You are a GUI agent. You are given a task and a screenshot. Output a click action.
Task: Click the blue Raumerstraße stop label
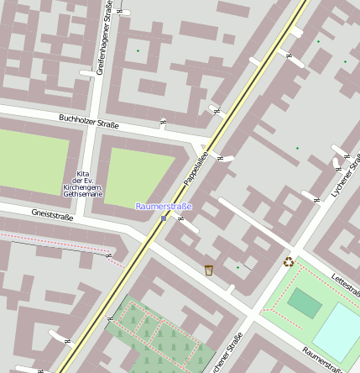pos(164,206)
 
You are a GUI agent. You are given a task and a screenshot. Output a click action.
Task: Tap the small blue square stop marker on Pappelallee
pos(164,218)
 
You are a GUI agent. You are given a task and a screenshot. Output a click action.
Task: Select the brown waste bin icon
pos(208,270)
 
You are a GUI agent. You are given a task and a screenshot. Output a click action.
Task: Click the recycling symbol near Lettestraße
pos(289,261)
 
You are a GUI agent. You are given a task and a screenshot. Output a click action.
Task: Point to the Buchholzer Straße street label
pos(89,122)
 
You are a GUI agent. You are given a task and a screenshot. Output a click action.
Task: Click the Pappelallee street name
pos(196,168)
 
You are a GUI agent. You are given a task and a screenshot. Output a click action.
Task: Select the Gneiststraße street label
pos(52,215)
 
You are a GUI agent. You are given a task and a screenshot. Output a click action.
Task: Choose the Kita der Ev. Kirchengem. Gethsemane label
pos(82,183)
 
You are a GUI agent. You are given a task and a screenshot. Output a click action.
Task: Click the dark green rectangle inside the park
pos(304,302)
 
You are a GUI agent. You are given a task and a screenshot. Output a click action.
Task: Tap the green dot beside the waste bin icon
pos(237,268)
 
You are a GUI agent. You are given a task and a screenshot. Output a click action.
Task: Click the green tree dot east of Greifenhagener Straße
pos(138,51)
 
